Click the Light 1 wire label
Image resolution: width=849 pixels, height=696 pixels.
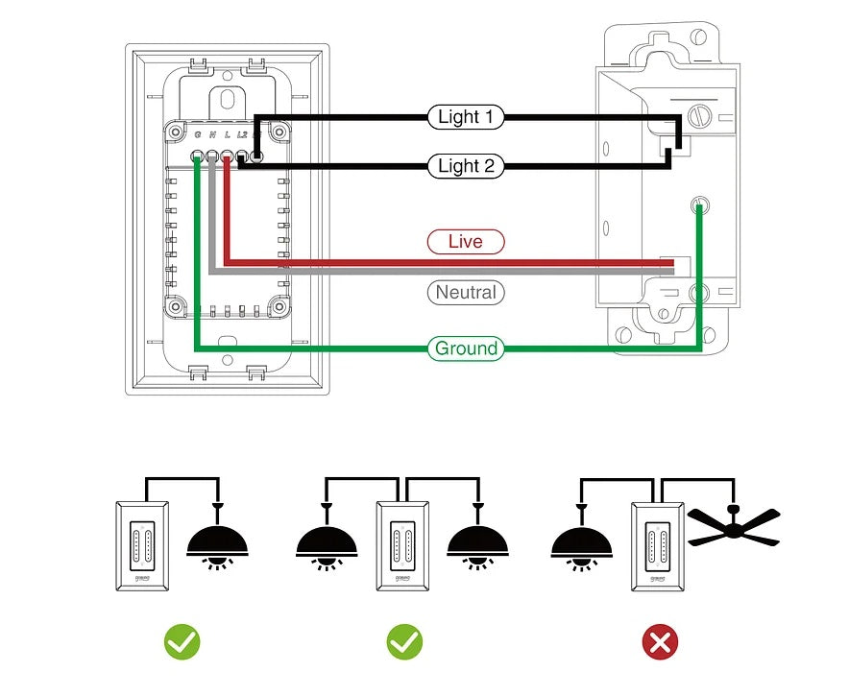(465, 117)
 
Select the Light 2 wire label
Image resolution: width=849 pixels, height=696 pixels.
(465, 166)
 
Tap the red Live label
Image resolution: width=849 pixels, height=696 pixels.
(465, 242)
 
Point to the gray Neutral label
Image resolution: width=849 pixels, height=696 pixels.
(465, 293)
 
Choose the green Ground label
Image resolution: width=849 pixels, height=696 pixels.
(466, 348)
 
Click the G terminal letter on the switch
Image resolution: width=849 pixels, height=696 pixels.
(198, 135)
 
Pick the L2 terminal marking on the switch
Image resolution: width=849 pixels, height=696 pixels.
(243, 135)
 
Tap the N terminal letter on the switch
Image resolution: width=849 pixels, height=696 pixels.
(212, 135)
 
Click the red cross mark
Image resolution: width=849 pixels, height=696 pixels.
(660, 642)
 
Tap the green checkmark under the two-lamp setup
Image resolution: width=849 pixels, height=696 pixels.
(404, 642)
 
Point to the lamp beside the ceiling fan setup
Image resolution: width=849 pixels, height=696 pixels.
(582, 542)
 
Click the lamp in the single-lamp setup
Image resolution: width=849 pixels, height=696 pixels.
(218, 542)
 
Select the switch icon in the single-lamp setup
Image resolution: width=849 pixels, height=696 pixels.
(142, 545)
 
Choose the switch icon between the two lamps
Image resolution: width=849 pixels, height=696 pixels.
(402, 545)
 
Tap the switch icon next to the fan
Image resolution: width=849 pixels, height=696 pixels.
(658, 545)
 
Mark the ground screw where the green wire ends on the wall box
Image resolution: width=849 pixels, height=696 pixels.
(700, 204)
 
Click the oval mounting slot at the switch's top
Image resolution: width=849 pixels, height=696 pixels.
(228, 98)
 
